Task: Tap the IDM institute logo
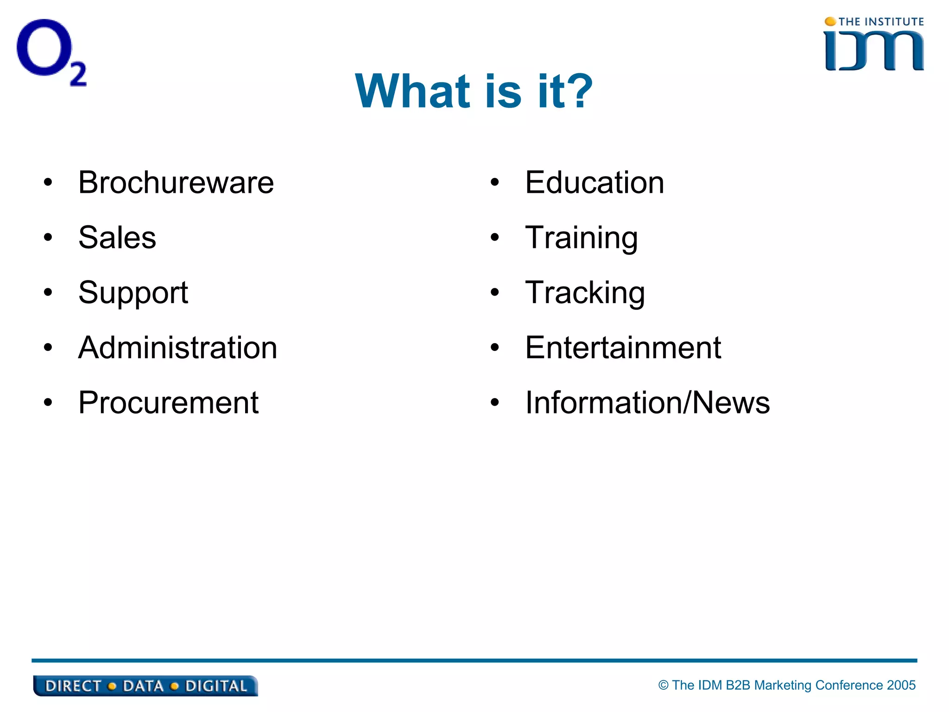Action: coord(874,45)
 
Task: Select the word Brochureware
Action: coord(176,183)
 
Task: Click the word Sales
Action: coord(117,238)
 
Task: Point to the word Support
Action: coord(133,293)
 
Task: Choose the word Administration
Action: coord(177,348)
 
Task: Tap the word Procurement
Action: coord(168,403)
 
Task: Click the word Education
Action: coord(595,183)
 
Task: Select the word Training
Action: coord(582,238)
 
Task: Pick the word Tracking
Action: coord(585,293)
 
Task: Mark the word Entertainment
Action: coord(623,348)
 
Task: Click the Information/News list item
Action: coord(647,403)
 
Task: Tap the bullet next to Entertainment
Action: coord(495,348)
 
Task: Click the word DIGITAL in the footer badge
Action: coord(216,686)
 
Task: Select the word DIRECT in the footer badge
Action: coord(73,686)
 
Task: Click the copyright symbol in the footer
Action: coord(664,685)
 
